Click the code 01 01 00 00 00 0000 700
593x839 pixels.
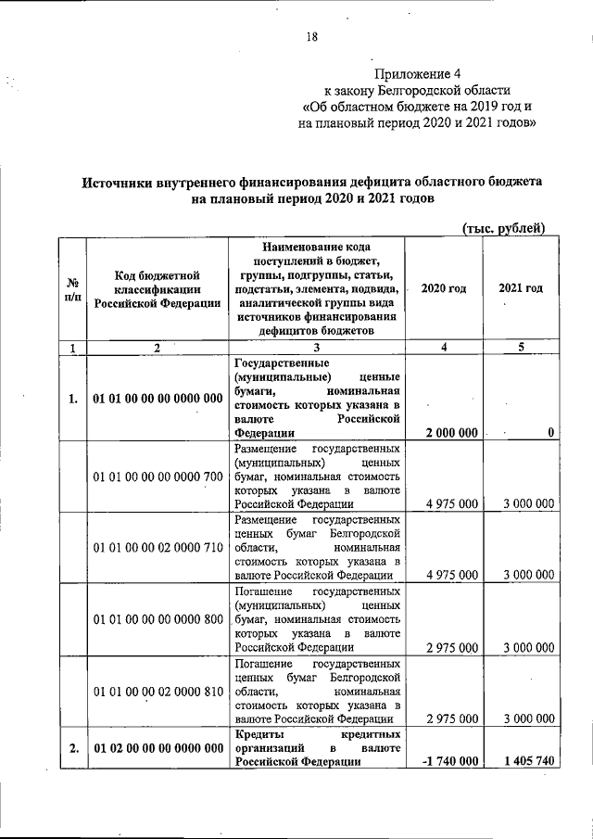click(x=157, y=477)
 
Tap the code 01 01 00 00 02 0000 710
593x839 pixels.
click(x=157, y=548)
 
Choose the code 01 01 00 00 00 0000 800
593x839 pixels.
click(x=157, y=618)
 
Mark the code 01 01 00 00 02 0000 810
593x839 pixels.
click(x=157, y=692)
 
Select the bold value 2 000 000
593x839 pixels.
click(x=452, y=432)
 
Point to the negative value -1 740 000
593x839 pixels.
click(x=449, y=761)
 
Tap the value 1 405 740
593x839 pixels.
click(x=524, y=761)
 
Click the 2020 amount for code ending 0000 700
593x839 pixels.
click(x=452, y=503)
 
